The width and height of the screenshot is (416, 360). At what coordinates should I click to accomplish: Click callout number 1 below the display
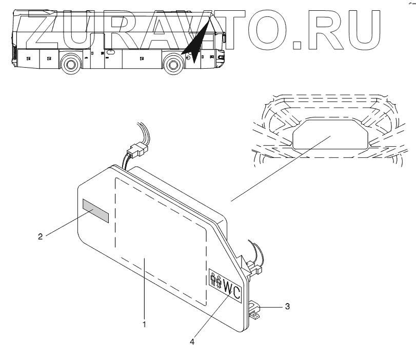click(x=145, y=324)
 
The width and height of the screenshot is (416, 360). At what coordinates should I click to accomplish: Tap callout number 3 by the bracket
click(x=287, y=307)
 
